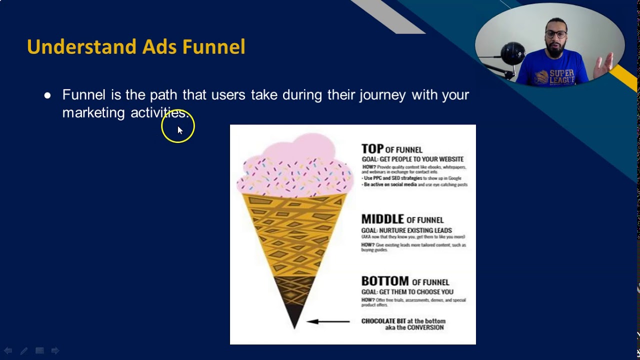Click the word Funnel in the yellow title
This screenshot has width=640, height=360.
tap(213, 47)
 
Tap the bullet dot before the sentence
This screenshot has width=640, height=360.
tap(47, 95)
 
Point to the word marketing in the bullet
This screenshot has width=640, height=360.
tap(93, 113)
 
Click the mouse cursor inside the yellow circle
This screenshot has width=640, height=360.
tap(179, 129)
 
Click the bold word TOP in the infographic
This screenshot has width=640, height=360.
tap(372, 149)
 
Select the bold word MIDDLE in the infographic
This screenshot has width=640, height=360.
tap(382, 219)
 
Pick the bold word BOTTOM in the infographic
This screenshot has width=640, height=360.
tap(385, 281)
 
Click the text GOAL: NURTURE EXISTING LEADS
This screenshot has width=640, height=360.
tap(406, 230)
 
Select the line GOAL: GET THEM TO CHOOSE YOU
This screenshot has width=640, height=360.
tap(407, 292)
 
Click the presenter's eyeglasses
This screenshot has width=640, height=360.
tap(556, 34)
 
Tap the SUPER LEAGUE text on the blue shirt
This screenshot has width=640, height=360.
tap(561, 76)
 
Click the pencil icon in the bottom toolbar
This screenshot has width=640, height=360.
tap(23, 351)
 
